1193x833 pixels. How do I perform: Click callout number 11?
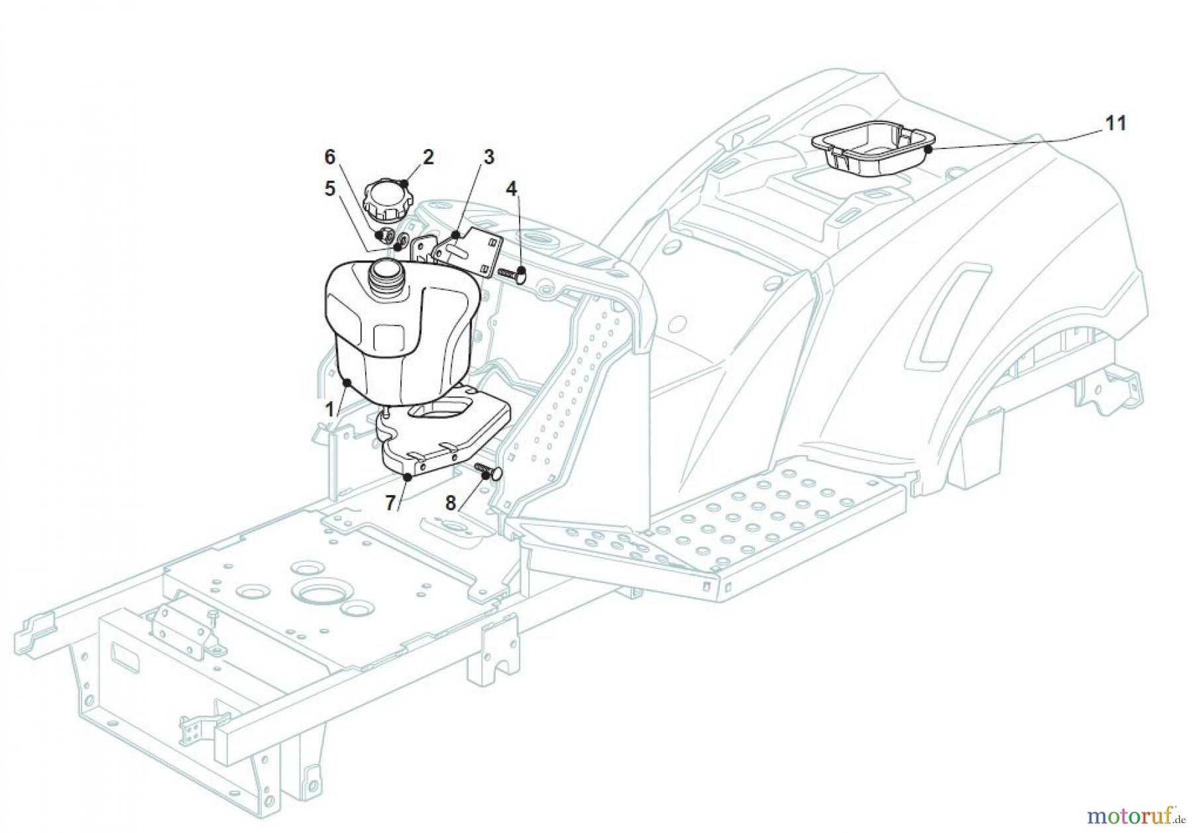(1115, 123)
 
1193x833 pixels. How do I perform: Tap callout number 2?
(428, 157)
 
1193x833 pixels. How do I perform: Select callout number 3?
(488, 157)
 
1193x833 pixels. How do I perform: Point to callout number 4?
(511, 189)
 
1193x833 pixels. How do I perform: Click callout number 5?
(329, 189)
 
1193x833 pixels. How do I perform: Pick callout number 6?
(329, 157)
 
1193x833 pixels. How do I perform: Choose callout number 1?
(329, 410)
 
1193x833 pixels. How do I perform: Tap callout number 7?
(391, 503)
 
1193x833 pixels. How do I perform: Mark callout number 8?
(451, 503)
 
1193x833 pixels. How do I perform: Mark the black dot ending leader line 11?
(929, 150)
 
